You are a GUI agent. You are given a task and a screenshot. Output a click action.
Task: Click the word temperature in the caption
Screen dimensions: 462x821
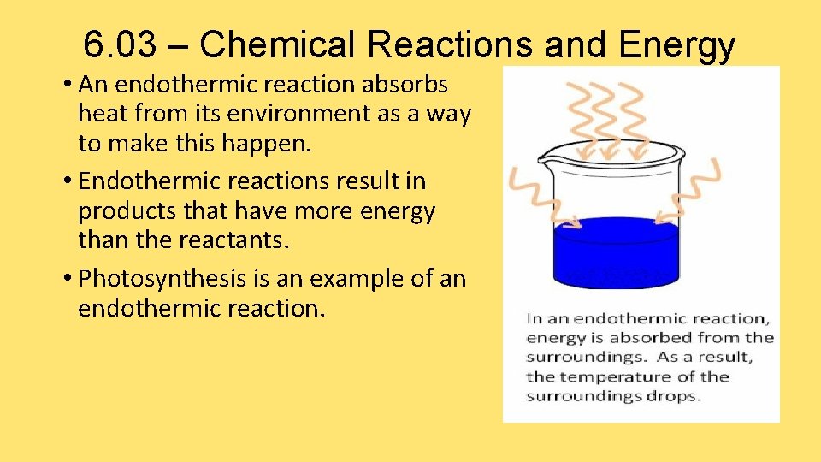click(599, 376)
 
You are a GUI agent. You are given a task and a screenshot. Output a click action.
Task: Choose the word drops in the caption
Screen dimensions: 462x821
click(676, 396)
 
